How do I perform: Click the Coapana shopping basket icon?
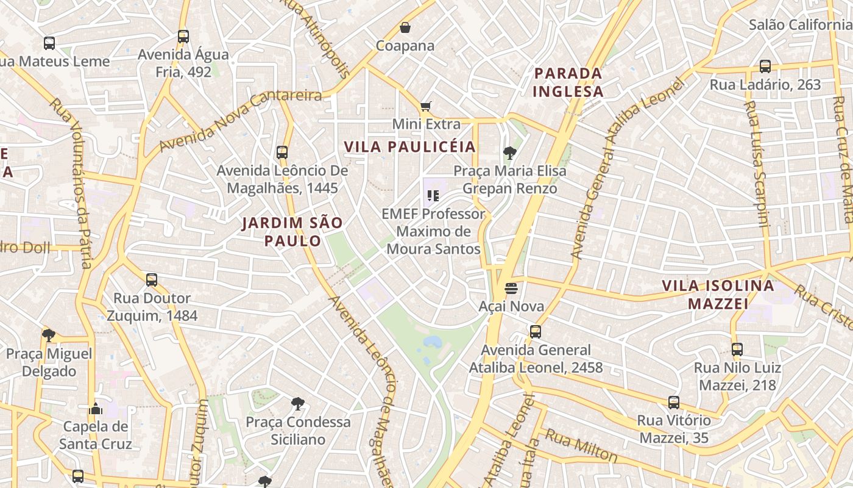pyautogui.click(x=405, y=27)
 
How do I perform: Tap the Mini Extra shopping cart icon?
pyautogui.click(x=426, y=106)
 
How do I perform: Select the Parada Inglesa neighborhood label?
pyautogui.click(x=568, y=82)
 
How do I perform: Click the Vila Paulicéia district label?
pyautogui.click(x=409, y=147)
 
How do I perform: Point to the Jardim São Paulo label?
pyautogui.click(x=292, y=231)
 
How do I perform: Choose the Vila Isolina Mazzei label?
pyautogui.click(x=718, y=294)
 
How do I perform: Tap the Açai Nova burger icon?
pyautogui.click(x=511, y=288)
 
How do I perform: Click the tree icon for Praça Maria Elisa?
pyautogui.click(x=509, y=152)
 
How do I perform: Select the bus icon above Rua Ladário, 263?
pyautogui.click(x=765, y=66)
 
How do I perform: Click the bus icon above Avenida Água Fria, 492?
pyautogui.click(x=183, y=37)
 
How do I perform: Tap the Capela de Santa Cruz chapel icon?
pyautogui.click(x=95, y=409)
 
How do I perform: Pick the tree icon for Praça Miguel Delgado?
pyautogui.click(x=49, y=335)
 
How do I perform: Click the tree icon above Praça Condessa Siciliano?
pyautogui.click(x=297, y=403)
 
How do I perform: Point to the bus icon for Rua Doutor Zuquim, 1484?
pyautogui.click(x=152, y=280)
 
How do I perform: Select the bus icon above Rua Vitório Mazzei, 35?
pyautogui.click(x=673, y=403)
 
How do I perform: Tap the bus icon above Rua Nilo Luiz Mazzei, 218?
pyautogui.click(x=737, y=350)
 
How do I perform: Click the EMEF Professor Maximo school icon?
pyautogui.click(x=433, y=196)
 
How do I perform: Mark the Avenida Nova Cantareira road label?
pyautogui.click(x=240, y=120)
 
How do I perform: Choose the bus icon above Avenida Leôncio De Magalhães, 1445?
pyautogui.click(x=281, y=152)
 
